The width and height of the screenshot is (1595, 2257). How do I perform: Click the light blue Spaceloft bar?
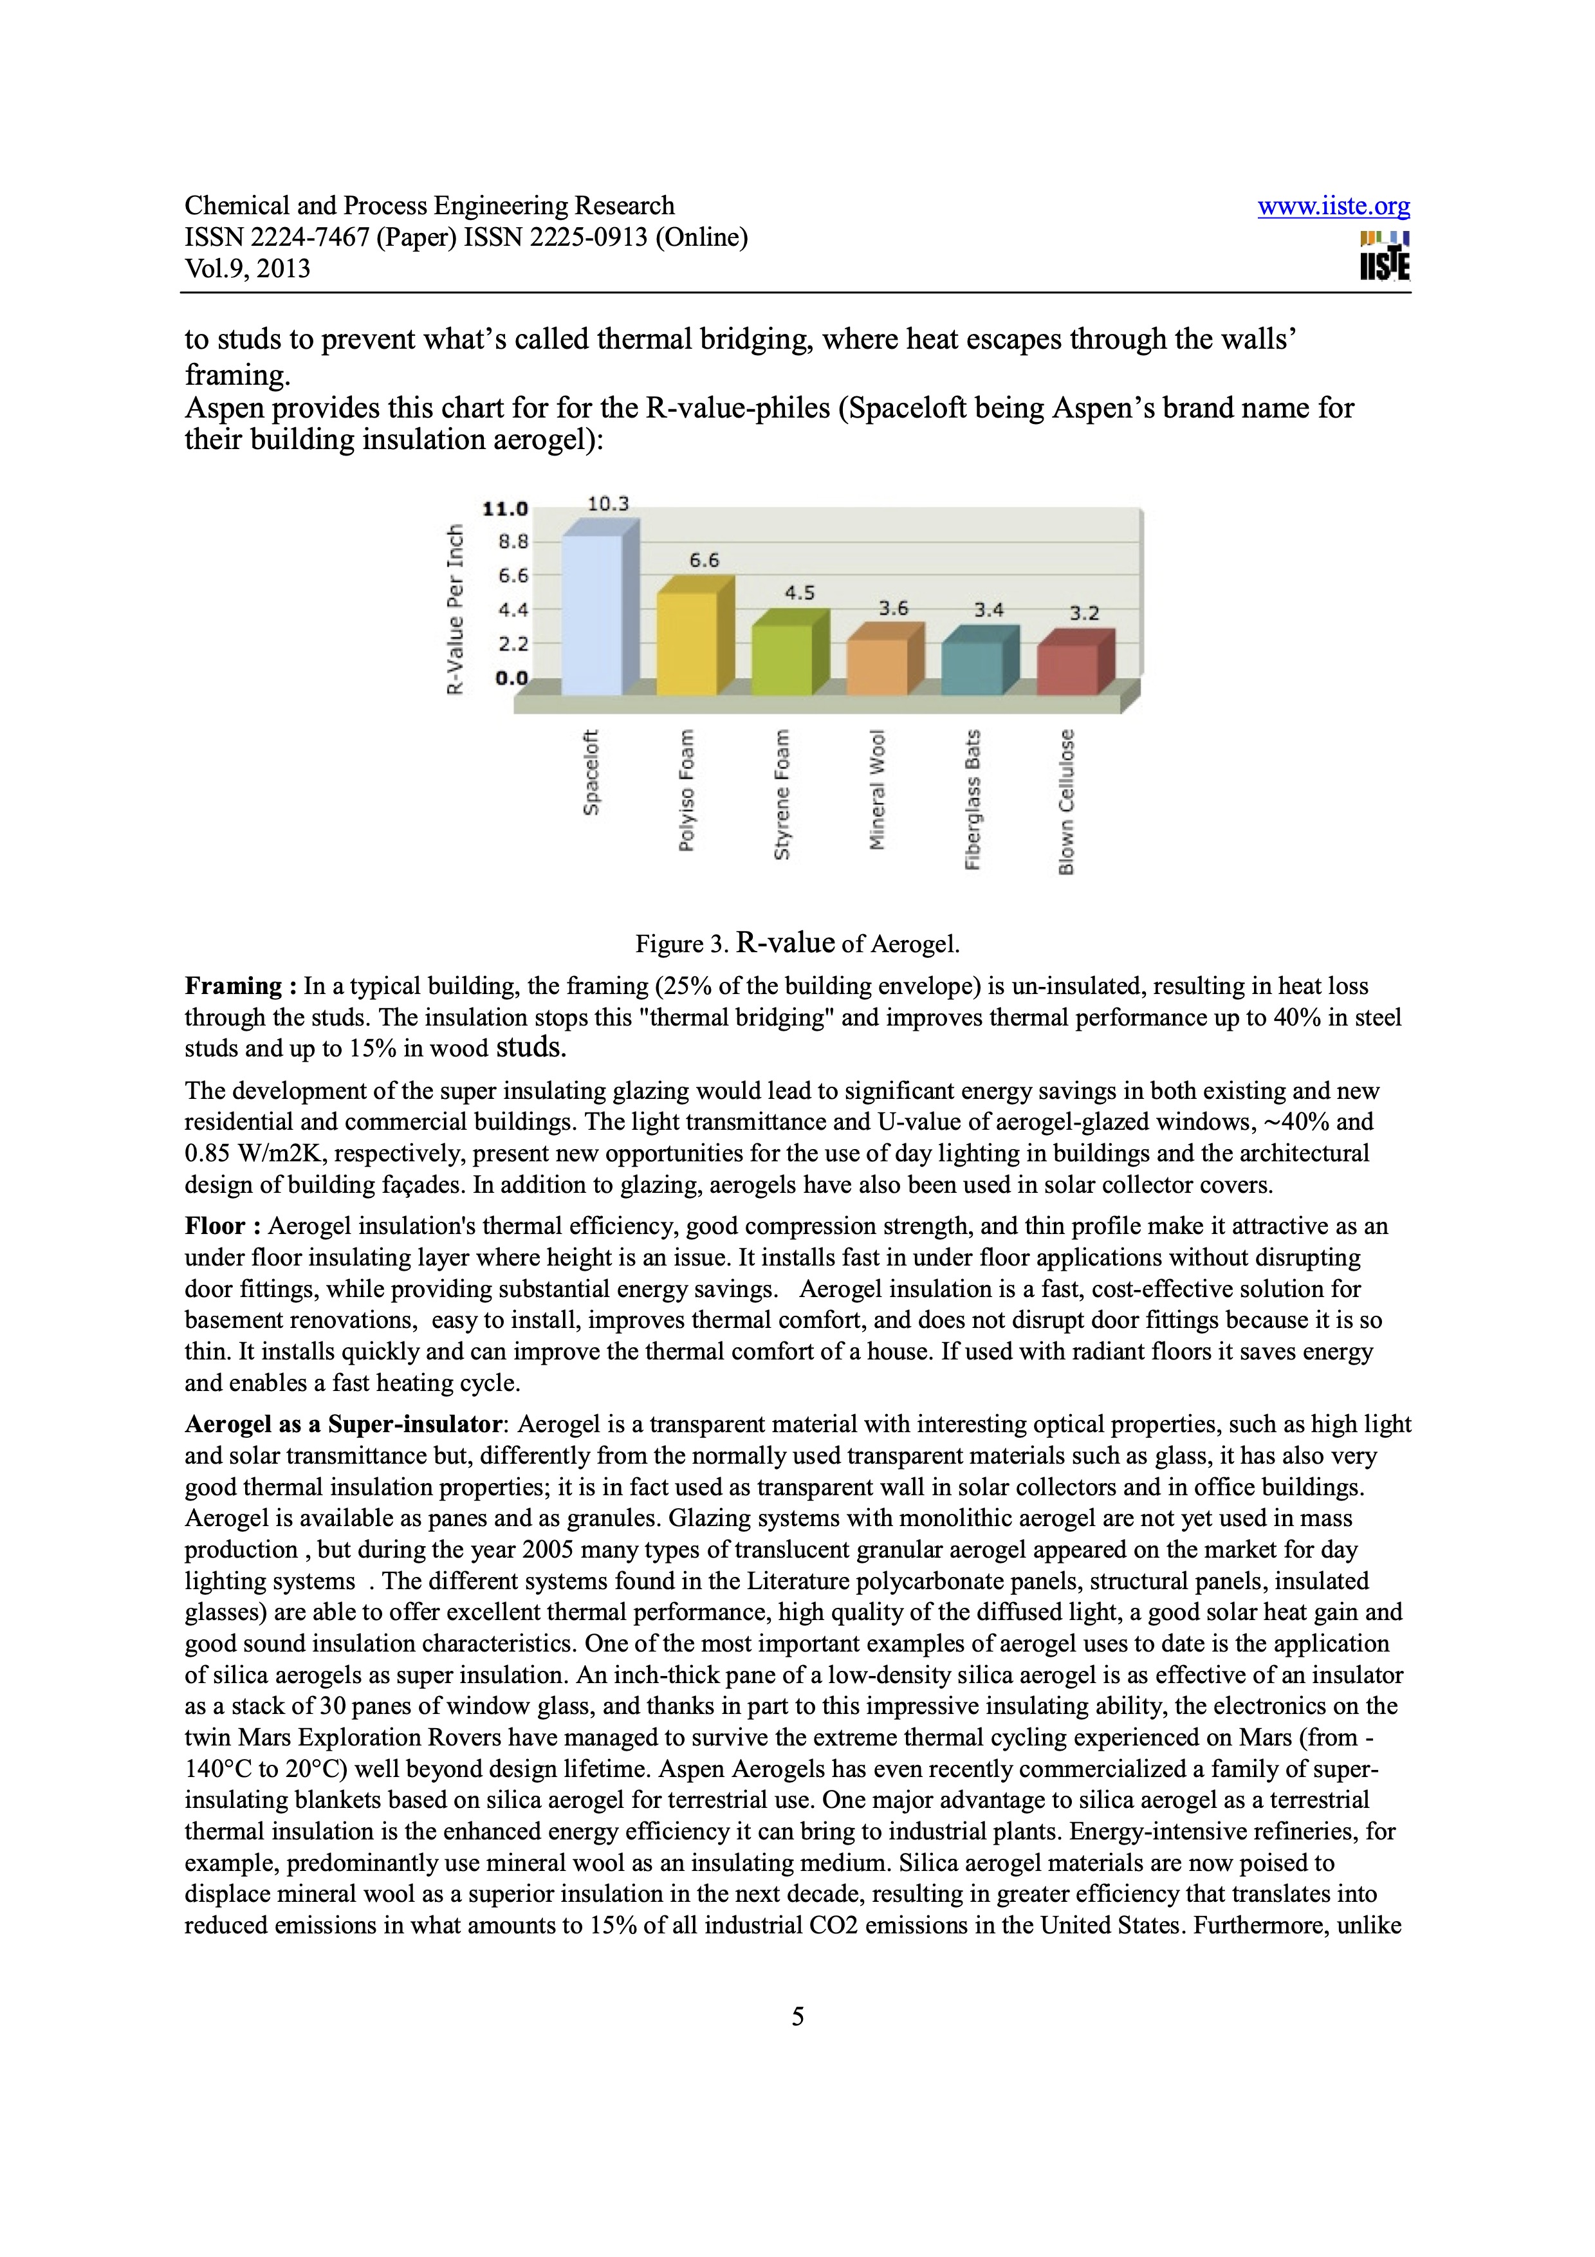(x=592, y=614)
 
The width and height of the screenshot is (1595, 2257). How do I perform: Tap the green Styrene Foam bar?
(x=781, y=659)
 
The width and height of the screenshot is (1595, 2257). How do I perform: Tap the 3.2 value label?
(x=1084, y=613)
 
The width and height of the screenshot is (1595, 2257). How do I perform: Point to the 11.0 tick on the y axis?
(x=505, y=508)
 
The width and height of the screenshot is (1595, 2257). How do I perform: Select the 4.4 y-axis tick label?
(x=512, y=609)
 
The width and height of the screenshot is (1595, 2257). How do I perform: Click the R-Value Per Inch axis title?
(x=455, y=609)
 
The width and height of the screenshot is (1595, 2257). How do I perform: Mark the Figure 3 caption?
(x=797, y=944)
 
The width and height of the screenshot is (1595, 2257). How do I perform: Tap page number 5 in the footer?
(x=797, y=2017)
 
